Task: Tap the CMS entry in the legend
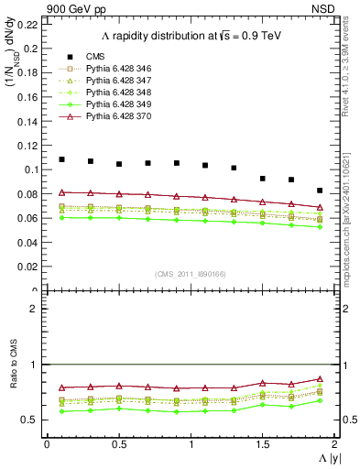pyautogui.click(x=95, y=57)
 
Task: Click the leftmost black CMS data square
pyautogui.click(x=61, y=159)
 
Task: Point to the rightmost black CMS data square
pyautogui.click(x=320, y=191)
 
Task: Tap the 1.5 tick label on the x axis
pyautogui.click(x=262, y=443)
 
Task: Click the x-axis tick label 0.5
pyautogui.click(x=118, y=443)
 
